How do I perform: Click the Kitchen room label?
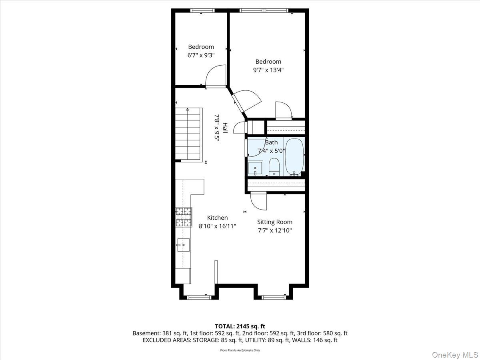217,218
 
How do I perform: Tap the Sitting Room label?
275,222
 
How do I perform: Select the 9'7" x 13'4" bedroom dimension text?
268,70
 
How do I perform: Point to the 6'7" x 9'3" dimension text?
201,55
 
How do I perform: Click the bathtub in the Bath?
294,157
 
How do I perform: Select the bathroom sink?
255,168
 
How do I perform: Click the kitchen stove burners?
184,217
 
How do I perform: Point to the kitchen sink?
183,245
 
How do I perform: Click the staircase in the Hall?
188,134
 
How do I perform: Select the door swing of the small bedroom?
216,76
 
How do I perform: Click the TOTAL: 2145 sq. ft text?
240,326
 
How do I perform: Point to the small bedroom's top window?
202,10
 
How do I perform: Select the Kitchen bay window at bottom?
199,297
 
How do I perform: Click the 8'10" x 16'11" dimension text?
217,226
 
